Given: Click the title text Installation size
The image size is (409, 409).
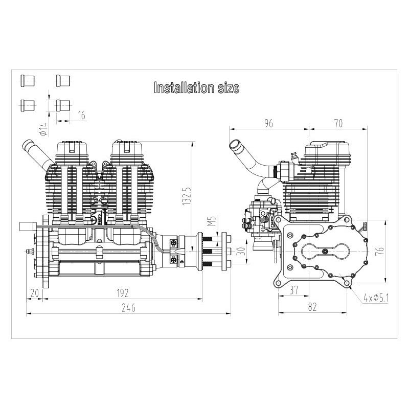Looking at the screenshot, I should click(197, 88).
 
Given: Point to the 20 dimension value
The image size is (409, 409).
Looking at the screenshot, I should click(35, 292).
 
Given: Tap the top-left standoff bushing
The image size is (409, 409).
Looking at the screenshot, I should click(27, 81).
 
